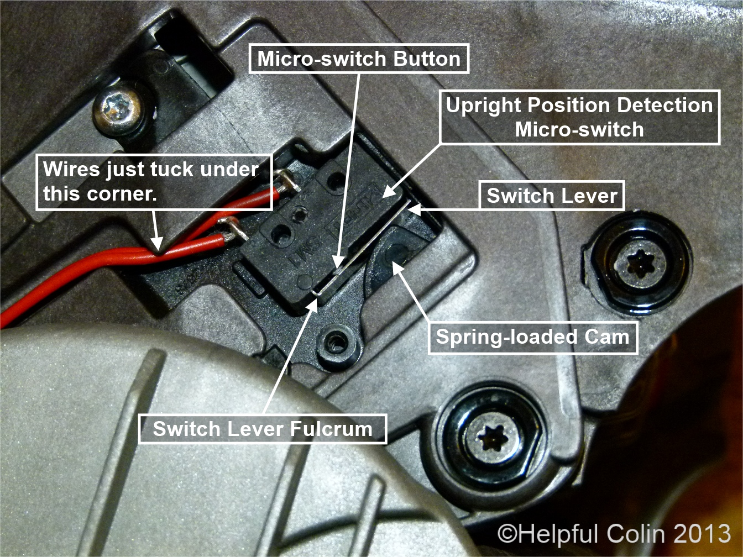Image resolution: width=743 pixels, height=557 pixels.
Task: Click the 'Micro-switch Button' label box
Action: click(x=359, y=59)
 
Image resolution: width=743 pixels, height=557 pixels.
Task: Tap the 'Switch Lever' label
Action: click(x=552, y=196)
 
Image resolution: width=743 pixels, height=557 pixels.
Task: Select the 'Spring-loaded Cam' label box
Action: click(x=533, y=337)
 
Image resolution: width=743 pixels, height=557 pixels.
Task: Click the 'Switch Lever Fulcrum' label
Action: click(x=263, y=429)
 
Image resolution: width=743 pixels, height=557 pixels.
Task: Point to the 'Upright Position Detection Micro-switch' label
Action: click(x=579, y=117)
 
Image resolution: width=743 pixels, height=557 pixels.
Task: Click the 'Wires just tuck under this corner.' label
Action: click(x=154, y=182)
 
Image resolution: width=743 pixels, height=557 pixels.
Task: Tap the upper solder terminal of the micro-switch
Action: click(x=286, y=181)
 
